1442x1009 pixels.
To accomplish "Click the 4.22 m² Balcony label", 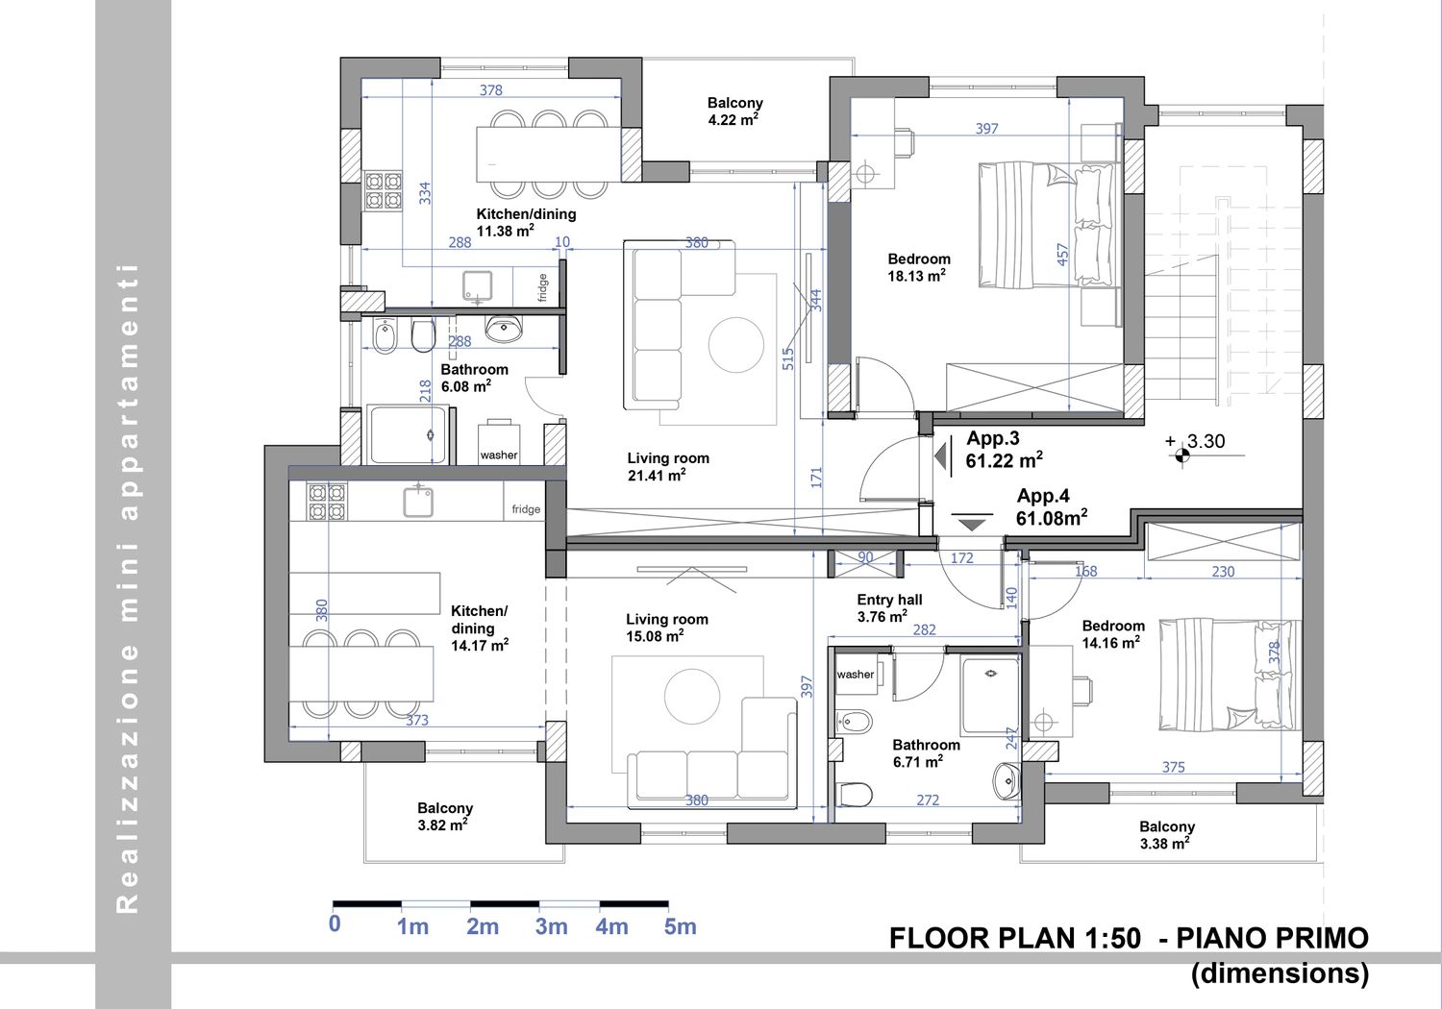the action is coord(734,111).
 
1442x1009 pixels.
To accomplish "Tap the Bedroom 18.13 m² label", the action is coord(919,267).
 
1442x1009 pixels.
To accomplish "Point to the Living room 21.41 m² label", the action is coord(668,466).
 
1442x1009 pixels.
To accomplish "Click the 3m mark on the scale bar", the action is coord(551,926).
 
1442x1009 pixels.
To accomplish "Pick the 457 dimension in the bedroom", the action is coord(1063,254).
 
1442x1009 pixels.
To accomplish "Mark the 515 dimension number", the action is coord(788,359).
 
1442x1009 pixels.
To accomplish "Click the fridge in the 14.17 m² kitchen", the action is coord(525,509).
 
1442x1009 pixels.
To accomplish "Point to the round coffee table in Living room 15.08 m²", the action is coord(692,697).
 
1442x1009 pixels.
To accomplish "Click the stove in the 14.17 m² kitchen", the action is coord(327,502).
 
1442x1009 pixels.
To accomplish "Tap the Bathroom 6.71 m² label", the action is coord(926,752).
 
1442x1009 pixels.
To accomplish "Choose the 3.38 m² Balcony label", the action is coord(1166,835).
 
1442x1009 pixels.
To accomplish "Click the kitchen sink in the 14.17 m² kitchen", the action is coord(418,502).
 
